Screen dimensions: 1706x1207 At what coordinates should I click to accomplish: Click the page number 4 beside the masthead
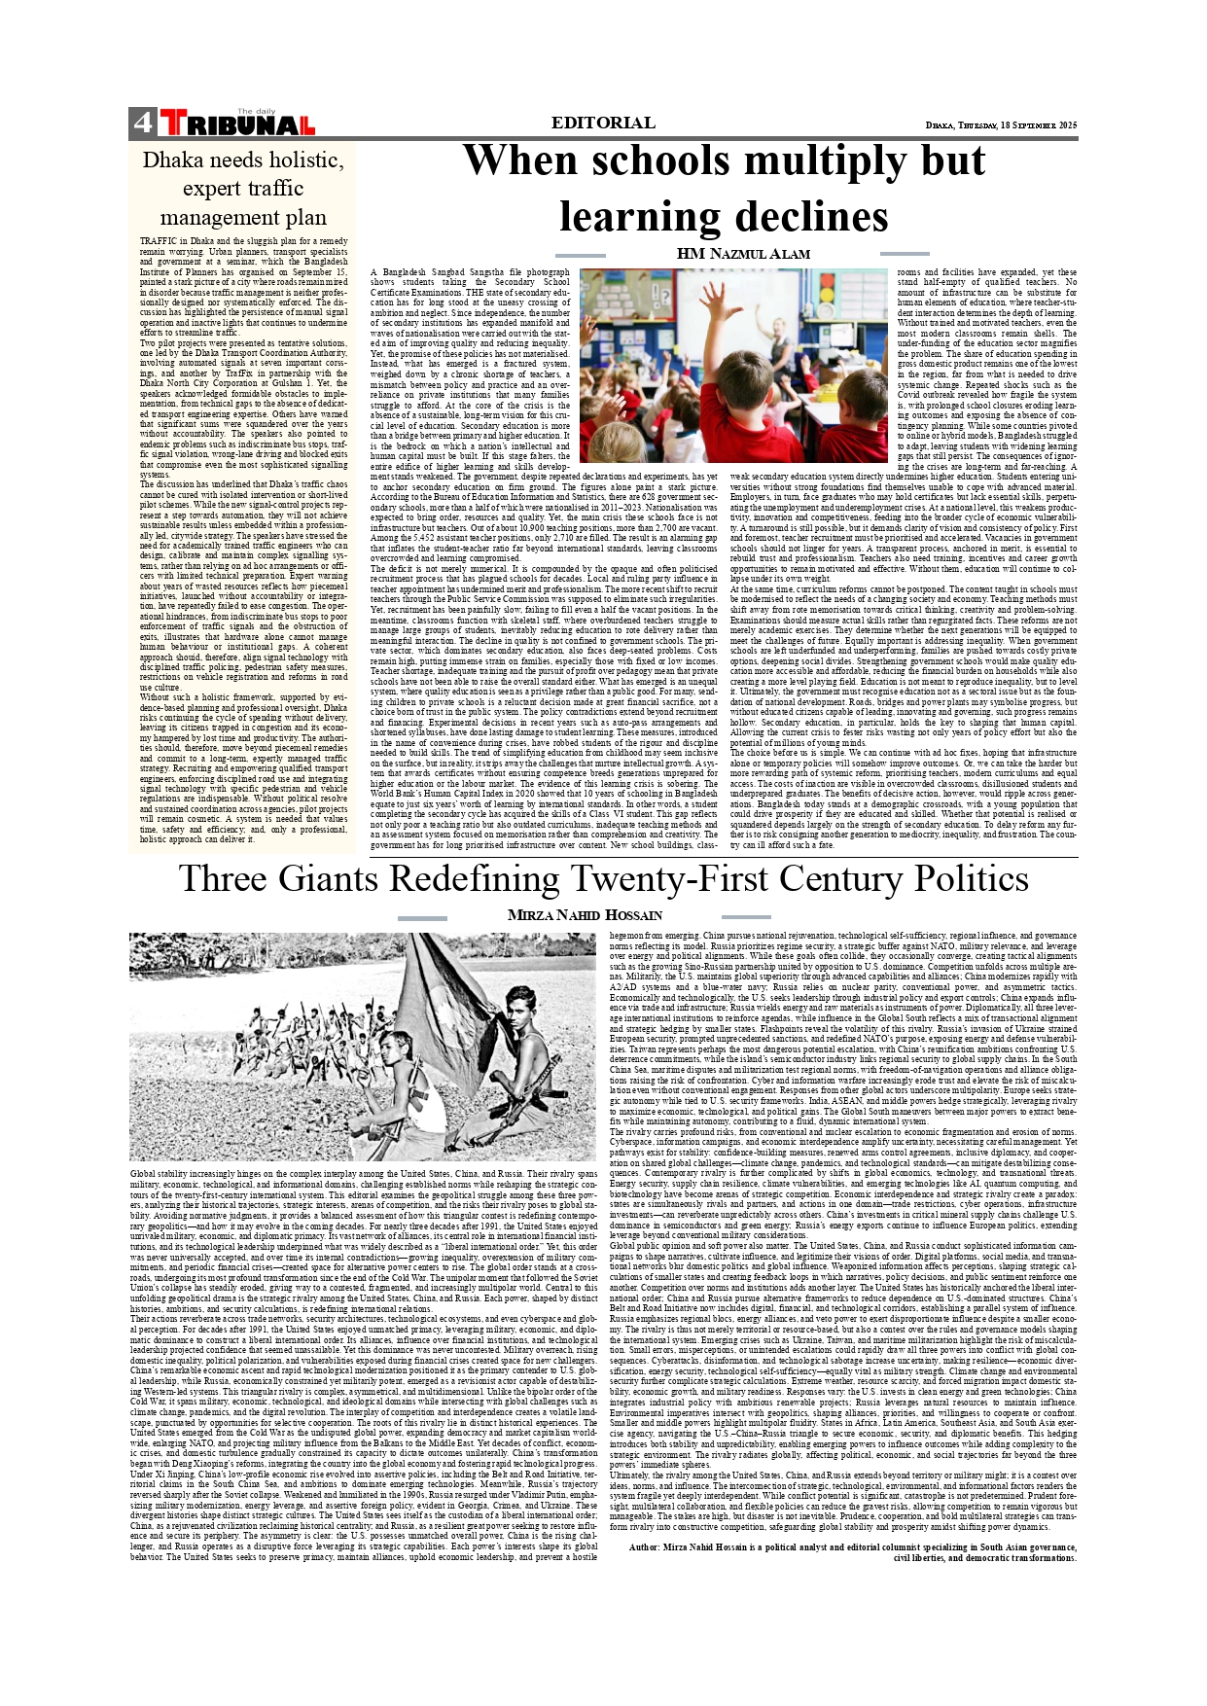pyautogui.click(x=142, y=123)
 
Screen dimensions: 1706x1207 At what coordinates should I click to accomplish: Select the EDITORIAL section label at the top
pyautogui.click(x=602, y=123)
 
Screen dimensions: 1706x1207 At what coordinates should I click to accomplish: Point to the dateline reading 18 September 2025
pyautogui.click(x=1001, y=125)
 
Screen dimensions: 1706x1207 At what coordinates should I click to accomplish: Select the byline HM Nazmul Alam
pyautogui.click(x=743, y=254)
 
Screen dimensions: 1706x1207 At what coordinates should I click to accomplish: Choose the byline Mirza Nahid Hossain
pyautogui.click(x=585, y=915)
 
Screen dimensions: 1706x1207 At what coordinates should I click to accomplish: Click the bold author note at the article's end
pyautogui.click(x=853, y=1551)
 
